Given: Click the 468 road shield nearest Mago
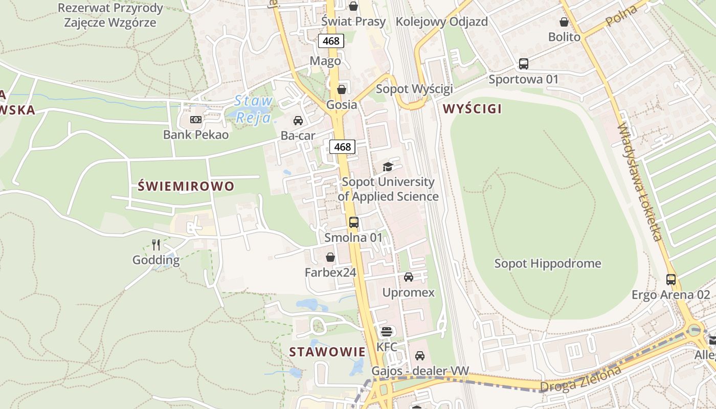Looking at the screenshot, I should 331,41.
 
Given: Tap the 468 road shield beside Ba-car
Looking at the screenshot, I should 342,147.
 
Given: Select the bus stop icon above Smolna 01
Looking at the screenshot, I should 353,222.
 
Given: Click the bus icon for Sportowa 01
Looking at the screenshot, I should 523,64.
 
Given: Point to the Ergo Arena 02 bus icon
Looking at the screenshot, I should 670,280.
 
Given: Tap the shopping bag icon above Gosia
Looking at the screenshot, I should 341,89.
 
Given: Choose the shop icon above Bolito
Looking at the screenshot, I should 564,22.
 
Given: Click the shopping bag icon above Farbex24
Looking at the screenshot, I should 330,257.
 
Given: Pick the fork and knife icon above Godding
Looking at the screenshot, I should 156,245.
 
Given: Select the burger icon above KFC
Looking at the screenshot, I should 386,331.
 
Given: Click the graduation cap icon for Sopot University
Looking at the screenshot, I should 388,167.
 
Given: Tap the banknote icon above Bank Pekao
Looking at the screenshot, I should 195,120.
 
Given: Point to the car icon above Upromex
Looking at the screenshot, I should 408,277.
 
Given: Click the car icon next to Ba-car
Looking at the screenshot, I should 298,121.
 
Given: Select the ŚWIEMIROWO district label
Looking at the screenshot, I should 186,186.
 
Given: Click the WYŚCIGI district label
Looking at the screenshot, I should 472,108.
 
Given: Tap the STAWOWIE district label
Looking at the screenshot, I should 327,352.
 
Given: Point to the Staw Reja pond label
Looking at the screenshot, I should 254,109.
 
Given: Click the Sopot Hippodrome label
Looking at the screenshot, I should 547,264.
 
